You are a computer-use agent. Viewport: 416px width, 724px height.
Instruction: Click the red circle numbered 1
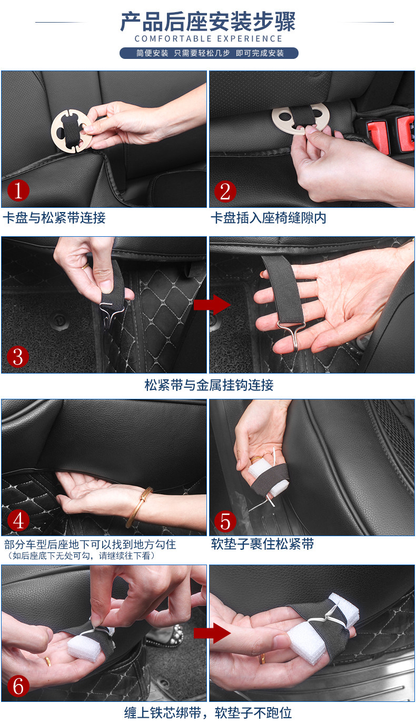tap(18, 190)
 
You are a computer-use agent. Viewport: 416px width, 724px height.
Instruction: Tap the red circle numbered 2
tap(225, 192)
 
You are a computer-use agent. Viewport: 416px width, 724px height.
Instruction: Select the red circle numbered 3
tap(18, 357)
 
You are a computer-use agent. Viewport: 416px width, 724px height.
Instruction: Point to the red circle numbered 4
tap(18, 520)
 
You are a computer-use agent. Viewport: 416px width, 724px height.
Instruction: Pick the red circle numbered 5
tap(225, 521)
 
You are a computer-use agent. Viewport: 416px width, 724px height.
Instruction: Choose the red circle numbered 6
tap(18, 686)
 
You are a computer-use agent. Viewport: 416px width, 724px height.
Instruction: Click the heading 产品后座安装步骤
tap(208, 22)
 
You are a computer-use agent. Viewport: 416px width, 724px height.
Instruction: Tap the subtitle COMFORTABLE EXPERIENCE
tap(209, 39)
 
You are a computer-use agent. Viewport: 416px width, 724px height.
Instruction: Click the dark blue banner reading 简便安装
tap(209, 53)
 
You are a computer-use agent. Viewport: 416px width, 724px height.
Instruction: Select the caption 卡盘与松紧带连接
tap(54, 217)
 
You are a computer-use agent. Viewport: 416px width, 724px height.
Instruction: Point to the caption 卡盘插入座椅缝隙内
tap(269, 218)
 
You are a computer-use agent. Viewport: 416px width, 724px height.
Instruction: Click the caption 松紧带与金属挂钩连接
tap(209, 385)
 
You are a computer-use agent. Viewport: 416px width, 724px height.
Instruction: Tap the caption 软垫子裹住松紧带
tap(262, 544)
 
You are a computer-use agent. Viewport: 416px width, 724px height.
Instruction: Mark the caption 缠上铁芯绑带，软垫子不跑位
tap(208, 712)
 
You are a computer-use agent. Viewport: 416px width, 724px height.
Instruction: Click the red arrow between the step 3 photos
tap(212, 305)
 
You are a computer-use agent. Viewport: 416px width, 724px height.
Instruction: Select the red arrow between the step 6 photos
tap(212, 633)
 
